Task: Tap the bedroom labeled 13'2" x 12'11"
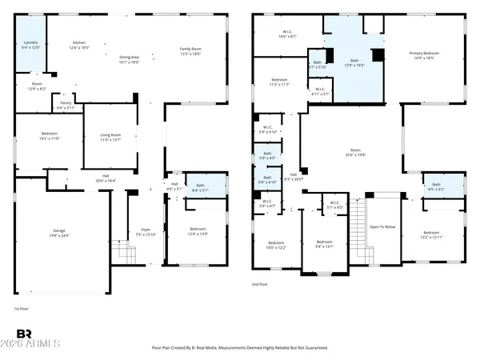437,235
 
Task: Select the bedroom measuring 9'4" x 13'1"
324,244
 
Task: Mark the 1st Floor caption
22,308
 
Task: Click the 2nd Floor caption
260,284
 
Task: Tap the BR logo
26,334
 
